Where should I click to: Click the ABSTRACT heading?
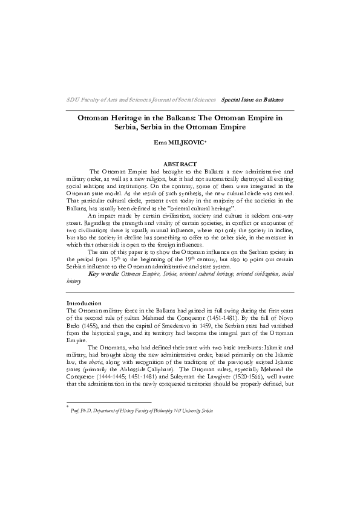click(180, 164)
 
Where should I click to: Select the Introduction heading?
click(85, 302)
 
